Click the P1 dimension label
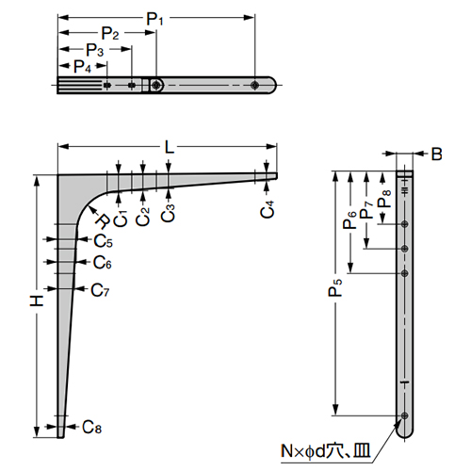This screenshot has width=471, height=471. [x=153, y=17]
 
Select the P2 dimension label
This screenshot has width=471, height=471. [x=111, y=34]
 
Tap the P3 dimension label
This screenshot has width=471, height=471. [x=94, y=49]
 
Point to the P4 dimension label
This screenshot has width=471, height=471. [x=83, y=66]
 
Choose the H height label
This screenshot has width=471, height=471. [x=35, y=301]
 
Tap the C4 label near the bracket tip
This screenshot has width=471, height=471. [x=268, y=210]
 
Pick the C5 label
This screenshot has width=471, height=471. [x=103, y=241]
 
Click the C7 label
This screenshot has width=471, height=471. [x=101, y=289]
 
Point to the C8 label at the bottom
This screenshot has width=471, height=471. [x=91, y=427]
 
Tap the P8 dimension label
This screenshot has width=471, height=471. [x=382, y=200]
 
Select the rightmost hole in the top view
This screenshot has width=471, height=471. [x=255, y=86]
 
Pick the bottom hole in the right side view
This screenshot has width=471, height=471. [x=404, y=416]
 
